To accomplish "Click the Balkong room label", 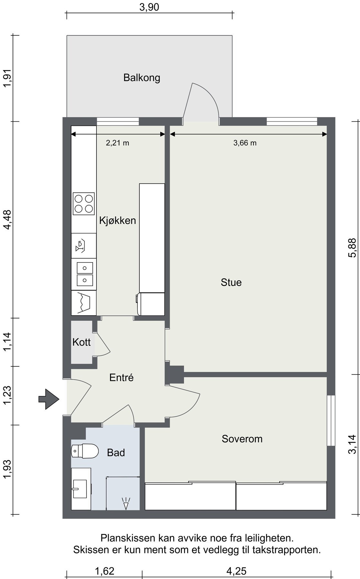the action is click(142, 78).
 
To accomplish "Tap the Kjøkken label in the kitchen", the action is click(117, 220).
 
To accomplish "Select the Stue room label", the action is click(231, 282).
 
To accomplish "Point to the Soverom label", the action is click(242, 439).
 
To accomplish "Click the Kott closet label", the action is click(81, 342).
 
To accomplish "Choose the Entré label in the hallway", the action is click(121, 377).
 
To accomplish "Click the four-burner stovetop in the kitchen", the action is click(84, 204).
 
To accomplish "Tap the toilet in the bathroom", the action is click(85, 451).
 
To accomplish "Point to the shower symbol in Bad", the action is click(126, 503).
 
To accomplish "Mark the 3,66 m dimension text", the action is click(245, 143).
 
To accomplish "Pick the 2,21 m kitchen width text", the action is click(117, 143).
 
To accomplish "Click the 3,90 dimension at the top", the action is click(149, 7).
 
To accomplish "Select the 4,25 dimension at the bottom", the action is click(236, 571).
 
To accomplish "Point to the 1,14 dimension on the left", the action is click(7, 342).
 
